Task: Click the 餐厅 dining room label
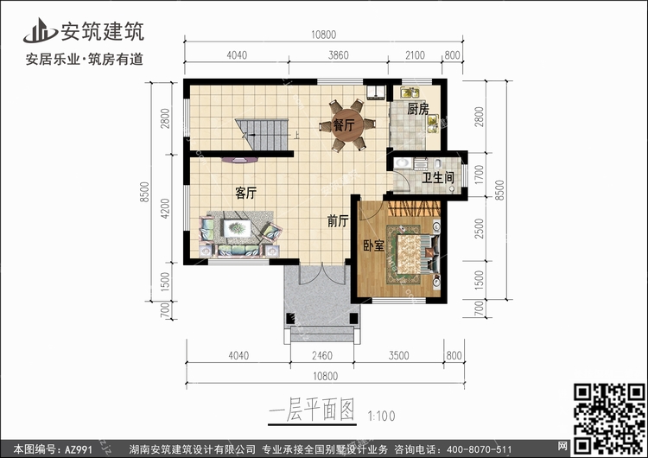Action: (344, 124)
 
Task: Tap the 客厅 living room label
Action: (246, 193)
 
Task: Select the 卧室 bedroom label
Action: (374, 245)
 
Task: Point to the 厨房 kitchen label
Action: (418, 109)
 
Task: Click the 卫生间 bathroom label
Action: (438, 178)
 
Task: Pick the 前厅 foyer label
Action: (338, 221)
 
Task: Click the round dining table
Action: (348, 124)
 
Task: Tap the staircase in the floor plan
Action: (262, 135)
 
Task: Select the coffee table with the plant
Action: (237, 228)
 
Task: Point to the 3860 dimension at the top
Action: (339, 55)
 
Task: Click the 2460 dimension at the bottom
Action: (322, 355)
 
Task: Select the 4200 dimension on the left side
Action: (165, 209)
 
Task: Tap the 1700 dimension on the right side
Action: (479, 175)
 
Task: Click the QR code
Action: (609, 418)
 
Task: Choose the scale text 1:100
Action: (381, 416)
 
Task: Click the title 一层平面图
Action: (312, 410)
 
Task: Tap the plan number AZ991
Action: (78, 449)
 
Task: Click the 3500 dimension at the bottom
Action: (399, 355)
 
